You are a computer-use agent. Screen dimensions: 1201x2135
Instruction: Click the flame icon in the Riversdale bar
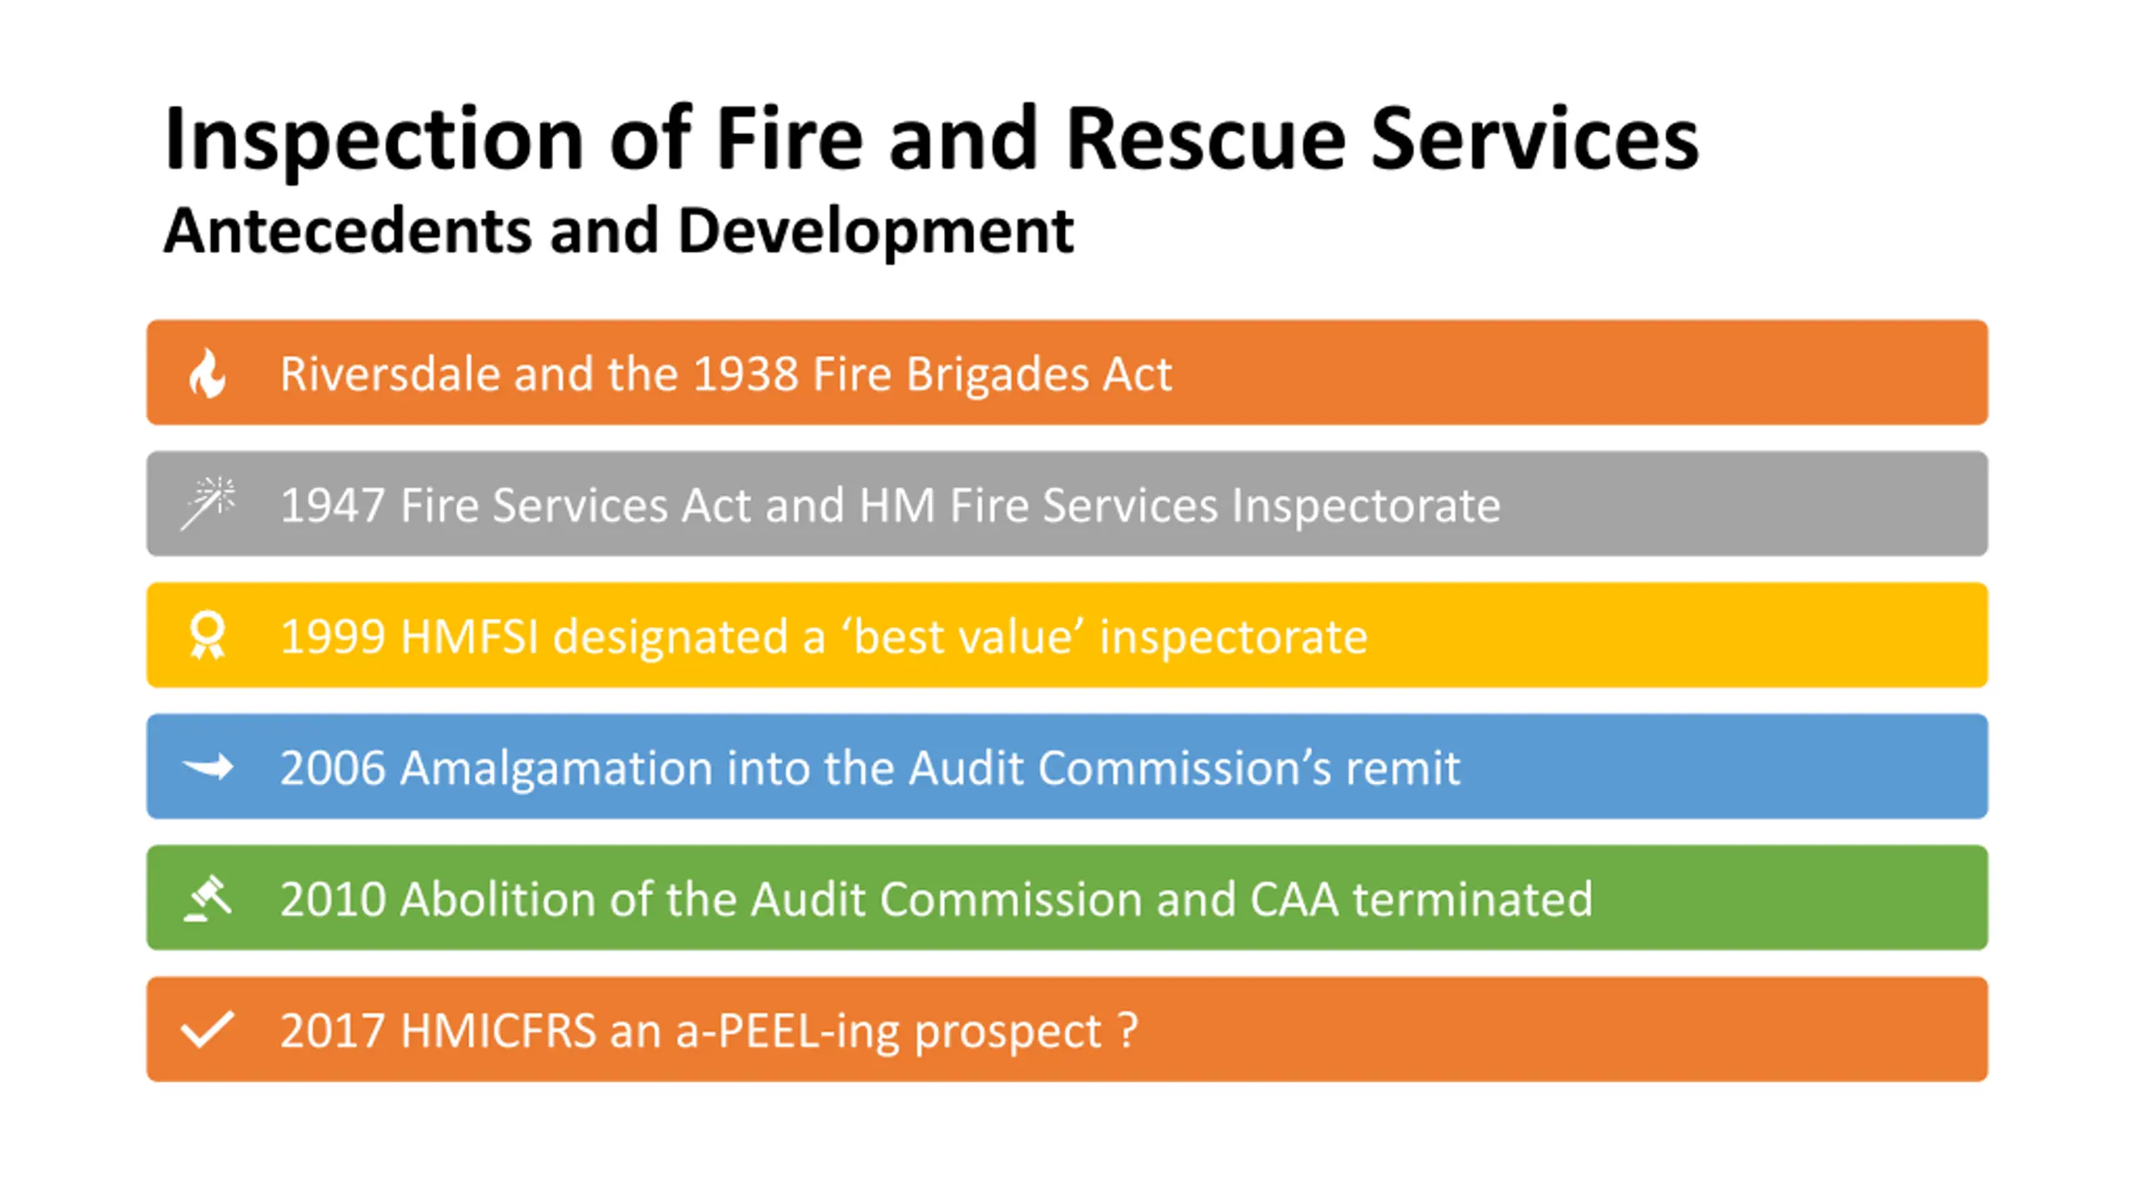click(208, 373)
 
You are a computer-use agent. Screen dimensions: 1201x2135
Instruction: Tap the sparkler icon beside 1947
click(208, 503)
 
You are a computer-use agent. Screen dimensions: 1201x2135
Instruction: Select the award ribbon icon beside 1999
click(208, 636)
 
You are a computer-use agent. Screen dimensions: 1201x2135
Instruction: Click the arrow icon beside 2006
click(208, 766)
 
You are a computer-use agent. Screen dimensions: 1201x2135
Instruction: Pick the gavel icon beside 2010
click(208, 898)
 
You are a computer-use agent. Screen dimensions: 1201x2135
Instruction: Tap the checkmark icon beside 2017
click(208, 1029)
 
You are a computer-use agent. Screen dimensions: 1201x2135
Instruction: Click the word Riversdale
click(389, 374)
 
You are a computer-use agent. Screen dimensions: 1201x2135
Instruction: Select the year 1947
click(333, 505)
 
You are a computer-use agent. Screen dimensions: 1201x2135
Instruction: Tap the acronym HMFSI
click(470, 637)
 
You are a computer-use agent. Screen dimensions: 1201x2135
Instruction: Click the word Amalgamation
click(556, 768)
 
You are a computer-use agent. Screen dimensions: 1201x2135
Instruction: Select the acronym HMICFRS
click(498, 1031)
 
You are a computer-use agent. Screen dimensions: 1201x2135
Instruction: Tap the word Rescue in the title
click(1205, 139)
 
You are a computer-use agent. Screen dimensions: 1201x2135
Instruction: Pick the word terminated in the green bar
click(1472, 899)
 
